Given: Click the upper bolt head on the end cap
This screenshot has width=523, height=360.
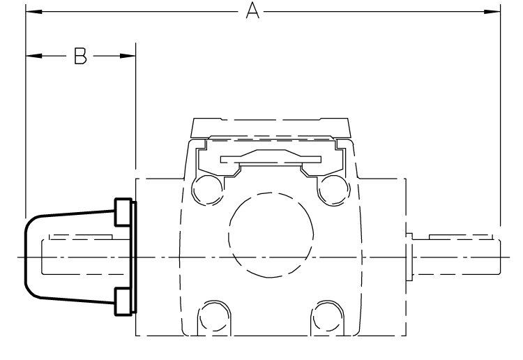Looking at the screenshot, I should click(123, 211).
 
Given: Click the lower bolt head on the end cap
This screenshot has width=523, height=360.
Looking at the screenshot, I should click(123, 301).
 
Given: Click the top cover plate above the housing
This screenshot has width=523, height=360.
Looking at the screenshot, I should click(271, 128).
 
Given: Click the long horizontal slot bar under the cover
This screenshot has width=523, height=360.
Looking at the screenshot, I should click(271, 159).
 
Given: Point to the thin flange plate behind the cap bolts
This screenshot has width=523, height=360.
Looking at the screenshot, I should click(135, 256).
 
